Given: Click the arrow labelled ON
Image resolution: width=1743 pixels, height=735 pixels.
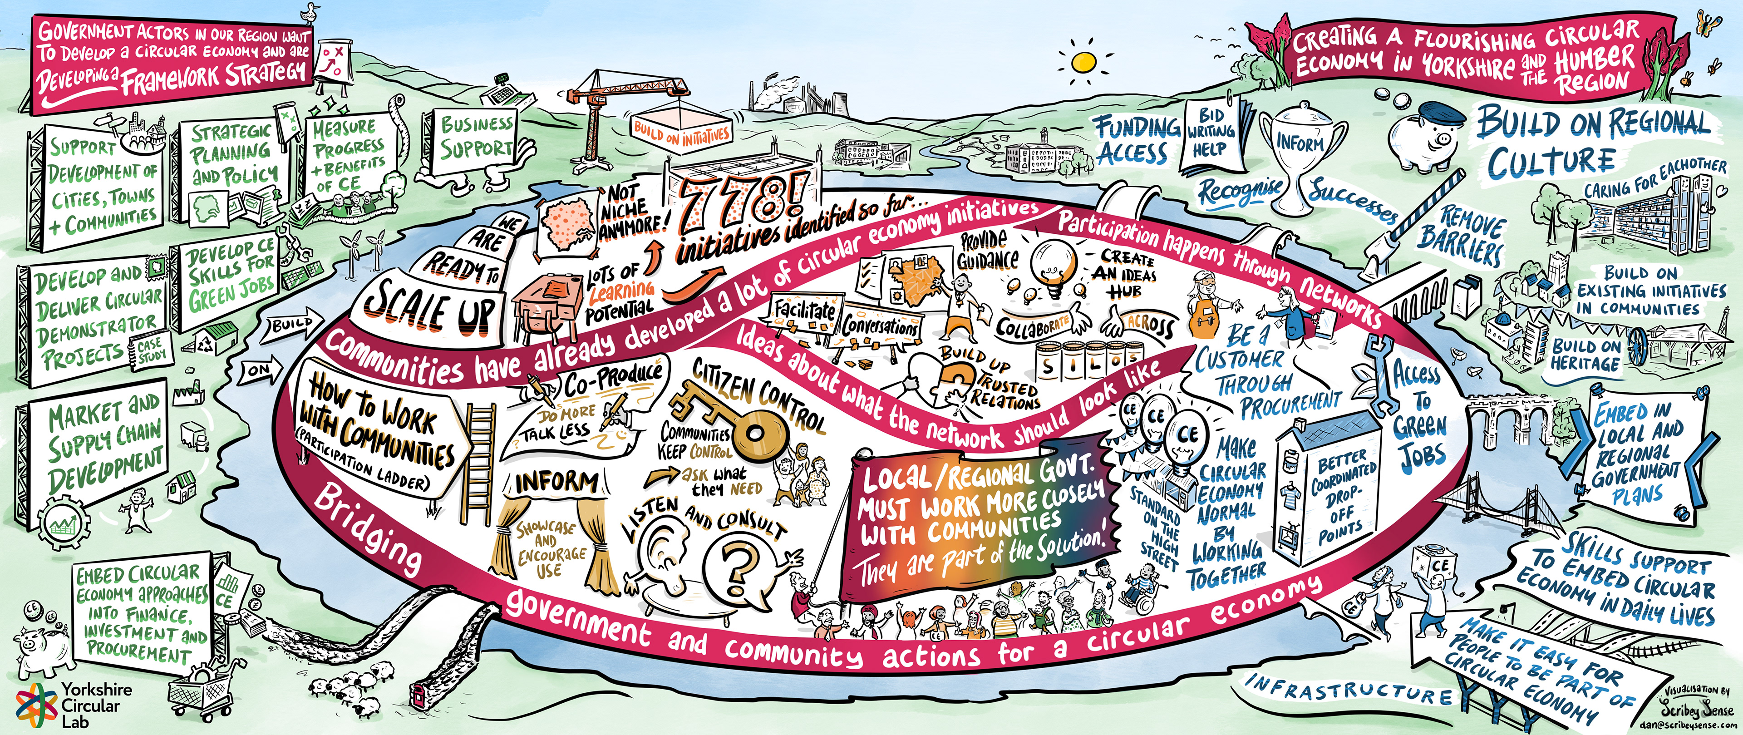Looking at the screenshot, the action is click(x=259, y=370).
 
